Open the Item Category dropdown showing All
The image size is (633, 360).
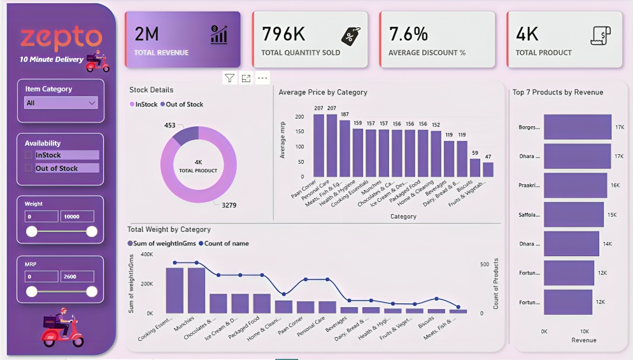tap(60, 103)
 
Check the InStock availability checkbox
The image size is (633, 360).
tap(29, 155)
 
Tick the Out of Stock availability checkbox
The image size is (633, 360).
tap(29, 168)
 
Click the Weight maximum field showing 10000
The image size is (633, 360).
tap(77, 217)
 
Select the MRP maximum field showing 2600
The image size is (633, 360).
tap(77, 277)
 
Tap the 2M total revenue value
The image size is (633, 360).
tap(147, 33)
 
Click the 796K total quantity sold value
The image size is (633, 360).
tap(285, 33)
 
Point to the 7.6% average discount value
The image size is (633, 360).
tap(408, 33)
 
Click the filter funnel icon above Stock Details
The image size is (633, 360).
tap(229, 78)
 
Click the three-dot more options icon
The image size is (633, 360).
tap(262, 78)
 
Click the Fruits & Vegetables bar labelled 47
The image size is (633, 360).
tap(488, 169)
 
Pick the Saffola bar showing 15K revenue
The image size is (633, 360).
tap(573, 215)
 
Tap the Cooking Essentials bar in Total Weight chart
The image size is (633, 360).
tap(174, 290)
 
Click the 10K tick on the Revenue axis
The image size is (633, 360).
tap(584, 332)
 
